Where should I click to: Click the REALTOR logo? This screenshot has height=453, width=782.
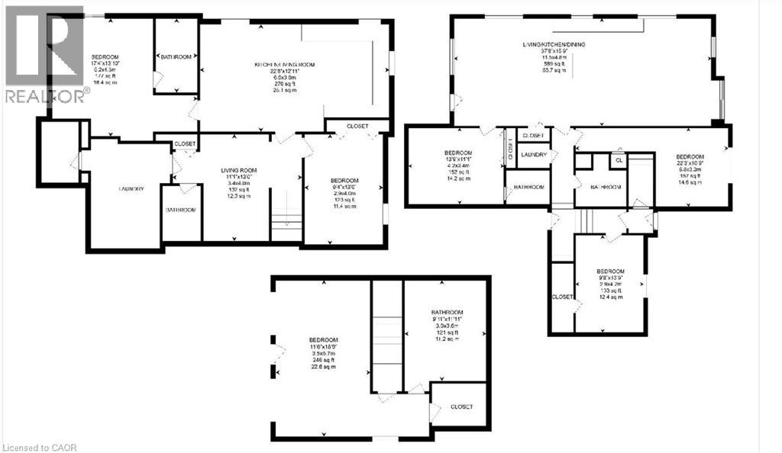(x=44, y=53)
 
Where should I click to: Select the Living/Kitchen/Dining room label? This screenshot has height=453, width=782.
(x=550, y=45)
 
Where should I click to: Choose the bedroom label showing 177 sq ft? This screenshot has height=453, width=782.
(x=103, y=58)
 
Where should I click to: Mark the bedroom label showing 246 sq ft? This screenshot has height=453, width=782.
(x=323, y=340)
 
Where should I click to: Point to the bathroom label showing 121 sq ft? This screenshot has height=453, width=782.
(x=447, y=312)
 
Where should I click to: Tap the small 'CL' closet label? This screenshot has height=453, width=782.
(x=618, y=161)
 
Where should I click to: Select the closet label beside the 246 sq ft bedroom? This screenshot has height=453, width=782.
(x=461, y=406)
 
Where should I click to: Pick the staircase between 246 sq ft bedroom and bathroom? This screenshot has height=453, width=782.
(x=386, y=336)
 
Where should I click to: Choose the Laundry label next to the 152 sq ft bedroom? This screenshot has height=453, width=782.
(x=532, y=155)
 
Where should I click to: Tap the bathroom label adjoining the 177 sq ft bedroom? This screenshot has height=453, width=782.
(x=176, y=56)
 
